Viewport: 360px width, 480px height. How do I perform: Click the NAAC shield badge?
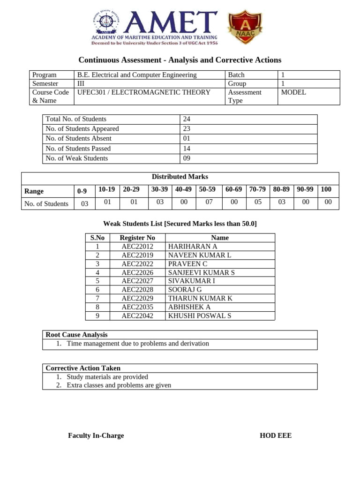(x=245, y=28)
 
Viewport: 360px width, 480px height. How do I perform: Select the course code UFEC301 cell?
(x=144, y=92)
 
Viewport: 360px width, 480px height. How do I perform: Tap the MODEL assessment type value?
(x=293, y=92)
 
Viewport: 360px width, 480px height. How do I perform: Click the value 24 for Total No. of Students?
(x=187, y=119)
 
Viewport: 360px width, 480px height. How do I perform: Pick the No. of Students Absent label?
(x=78, y=139)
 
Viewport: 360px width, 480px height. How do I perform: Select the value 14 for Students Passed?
(x=187, y=149)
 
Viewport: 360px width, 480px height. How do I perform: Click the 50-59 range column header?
(x=207, y=189)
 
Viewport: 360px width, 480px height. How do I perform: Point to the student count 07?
(x=209, y=202)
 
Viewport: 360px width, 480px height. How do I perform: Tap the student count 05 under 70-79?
(x=257, y=202)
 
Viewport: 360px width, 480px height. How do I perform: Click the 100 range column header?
(x=326, y=189)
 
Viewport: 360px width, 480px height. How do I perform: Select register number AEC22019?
(x=137, y=255)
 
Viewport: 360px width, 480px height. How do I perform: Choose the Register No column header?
(x=137, y=238)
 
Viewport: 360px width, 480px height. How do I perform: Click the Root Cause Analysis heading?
(x=76, y=335)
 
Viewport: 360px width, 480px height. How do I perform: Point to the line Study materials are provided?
(x=107, y=377)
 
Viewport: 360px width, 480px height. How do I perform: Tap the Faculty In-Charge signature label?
(x=96, y=436)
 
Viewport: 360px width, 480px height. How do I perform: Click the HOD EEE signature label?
(x=276, y=436)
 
